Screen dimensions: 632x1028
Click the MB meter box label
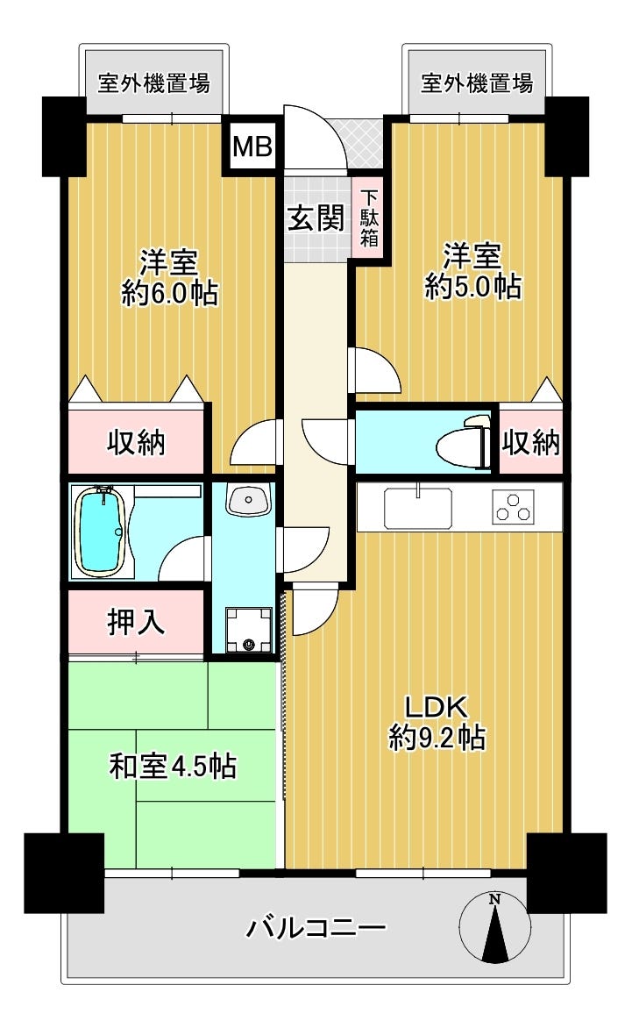point(252,146)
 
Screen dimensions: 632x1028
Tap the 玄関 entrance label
point(316,218)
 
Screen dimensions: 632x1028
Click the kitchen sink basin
point(418,508)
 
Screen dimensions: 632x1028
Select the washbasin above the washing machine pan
point(247,501)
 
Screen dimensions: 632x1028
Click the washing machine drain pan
point(248,630)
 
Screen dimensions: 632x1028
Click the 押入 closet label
point(136,622)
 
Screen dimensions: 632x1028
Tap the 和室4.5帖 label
point(173,766)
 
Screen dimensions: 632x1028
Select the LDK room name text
point(437,707)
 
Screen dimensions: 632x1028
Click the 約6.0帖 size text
point(170,292)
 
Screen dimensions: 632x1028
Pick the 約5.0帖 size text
point(472,286)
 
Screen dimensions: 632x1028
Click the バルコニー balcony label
point(316,928)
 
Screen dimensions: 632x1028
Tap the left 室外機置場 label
point(154,83)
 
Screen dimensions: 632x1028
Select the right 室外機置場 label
point(477,83)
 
